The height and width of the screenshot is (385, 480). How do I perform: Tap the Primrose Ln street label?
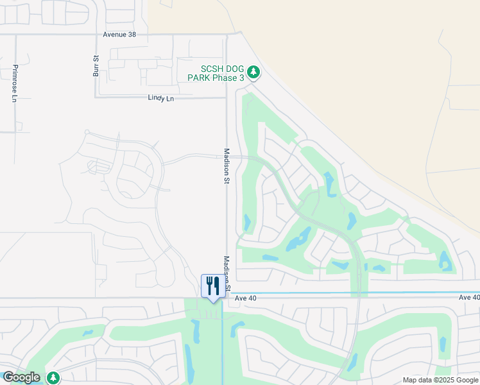pos(14,83)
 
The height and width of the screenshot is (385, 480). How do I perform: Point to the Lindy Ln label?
pos(160,98)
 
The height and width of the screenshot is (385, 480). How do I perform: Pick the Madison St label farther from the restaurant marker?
pos(227,166)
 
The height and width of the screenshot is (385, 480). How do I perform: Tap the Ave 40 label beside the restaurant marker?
pos(245,298)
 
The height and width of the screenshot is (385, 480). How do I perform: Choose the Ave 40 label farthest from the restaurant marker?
pos(468,298)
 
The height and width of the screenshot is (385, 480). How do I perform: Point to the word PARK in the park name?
pos(198,78)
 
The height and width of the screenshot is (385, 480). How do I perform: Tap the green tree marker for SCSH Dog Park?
pos(253,72)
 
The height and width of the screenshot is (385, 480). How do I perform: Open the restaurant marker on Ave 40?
pos(213,286)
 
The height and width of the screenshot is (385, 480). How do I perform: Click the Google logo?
pos(21,377)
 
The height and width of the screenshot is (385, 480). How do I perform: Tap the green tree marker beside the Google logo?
pos(53,378)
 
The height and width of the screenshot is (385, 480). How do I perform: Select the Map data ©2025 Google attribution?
pos(441,380)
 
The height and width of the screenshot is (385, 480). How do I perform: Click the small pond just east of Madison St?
pos(247,223)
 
